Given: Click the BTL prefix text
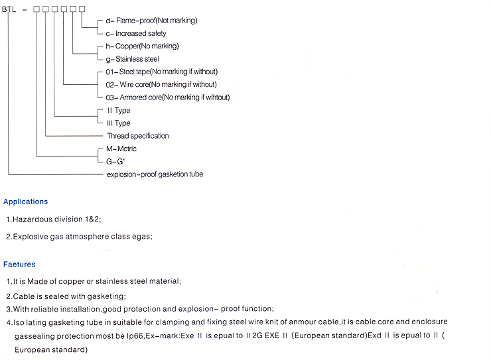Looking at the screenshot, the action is pos(9,9).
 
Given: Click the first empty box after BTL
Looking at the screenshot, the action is pos(36,9).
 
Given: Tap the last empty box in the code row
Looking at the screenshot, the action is pos(82,9).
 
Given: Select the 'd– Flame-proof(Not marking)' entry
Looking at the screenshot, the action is pos(151,21).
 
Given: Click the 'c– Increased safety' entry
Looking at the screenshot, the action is pos(136,33).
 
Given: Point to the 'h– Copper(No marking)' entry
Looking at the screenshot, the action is pos(142,46).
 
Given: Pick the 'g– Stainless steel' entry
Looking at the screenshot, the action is pos(132,59).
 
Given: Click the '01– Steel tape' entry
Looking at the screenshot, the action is pos(162,72).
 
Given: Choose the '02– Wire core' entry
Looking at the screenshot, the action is pos(161,85).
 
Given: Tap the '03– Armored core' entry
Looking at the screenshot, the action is pos(168,97).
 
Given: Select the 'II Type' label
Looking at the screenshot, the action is pos(119,111).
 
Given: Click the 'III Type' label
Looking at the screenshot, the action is pos(118,123).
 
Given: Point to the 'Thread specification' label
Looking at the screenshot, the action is pos(138,136).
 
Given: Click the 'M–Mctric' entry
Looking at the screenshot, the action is pos(121,149).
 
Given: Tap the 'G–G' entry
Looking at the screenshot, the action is pos(115,161).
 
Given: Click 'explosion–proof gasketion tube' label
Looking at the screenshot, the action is pos(155,174).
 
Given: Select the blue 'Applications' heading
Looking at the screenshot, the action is pos(26,202).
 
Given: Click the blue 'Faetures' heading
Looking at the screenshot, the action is pos(19,265).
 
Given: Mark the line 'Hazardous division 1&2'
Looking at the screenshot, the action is pos(54,219).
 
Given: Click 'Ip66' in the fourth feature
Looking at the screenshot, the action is pos(135,336).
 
